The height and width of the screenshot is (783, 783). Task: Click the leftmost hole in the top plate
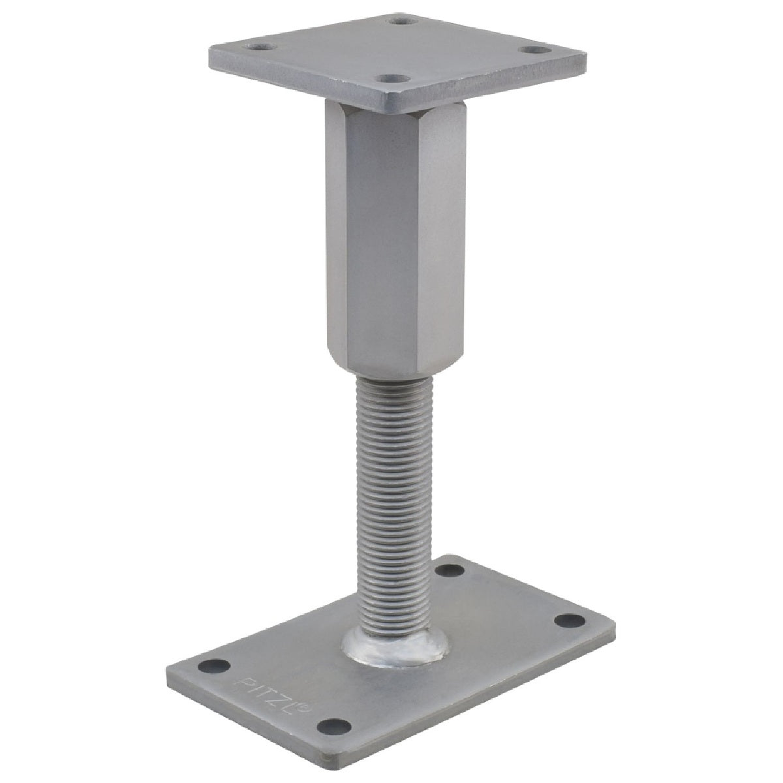tap(260, 48)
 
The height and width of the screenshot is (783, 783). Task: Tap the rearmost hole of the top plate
tap(401, 20)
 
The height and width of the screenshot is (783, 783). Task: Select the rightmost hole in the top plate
tap(534, 50)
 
